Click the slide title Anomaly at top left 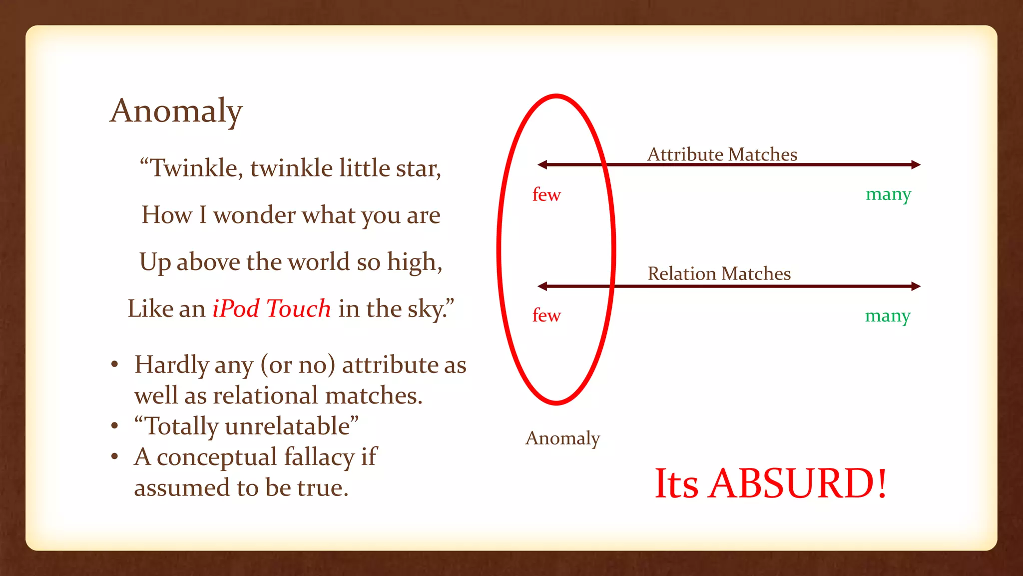pos(176,111)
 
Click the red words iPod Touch pos(271,308)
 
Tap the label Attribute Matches pos(722,154)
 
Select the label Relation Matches pos(719,273)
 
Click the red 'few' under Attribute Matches pos(546,194)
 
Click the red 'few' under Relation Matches pos(546,315)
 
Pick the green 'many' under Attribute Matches pos(888,194)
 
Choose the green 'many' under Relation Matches pos(888,316)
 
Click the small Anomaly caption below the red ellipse pos(562,438)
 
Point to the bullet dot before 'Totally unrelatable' pos(115,426)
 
